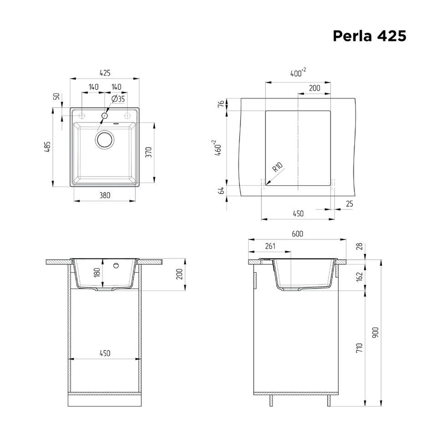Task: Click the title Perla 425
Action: coord(370,36)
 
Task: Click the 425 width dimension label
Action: coord(105,73)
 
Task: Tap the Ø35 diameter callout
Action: coord(118,99)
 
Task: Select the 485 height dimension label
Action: coord(47,147)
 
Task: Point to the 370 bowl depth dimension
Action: coord(149,152)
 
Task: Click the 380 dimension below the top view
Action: coord(105,195)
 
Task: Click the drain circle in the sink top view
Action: coord(105,139)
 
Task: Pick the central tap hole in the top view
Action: coord(105,115)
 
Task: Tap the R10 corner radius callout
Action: coord(278,167)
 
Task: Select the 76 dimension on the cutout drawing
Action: coord(221,104)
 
